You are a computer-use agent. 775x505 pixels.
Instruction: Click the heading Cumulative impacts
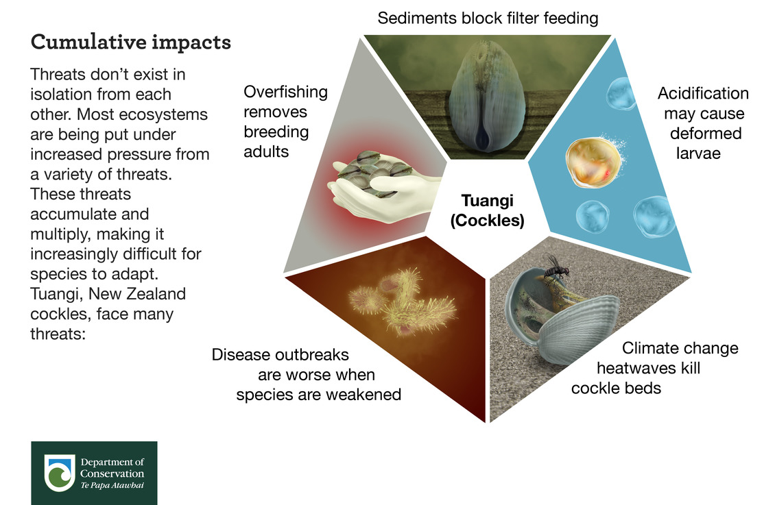(x=131, y=42)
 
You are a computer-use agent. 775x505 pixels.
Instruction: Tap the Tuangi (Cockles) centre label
(x=488, y=210)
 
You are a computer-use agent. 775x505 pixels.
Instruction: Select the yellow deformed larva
(x=593, y=162)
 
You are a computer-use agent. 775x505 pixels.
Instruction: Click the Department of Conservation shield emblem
(x=60, y=472)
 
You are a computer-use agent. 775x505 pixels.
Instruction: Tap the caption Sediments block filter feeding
(x=488, y=19)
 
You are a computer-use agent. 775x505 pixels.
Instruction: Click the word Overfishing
(x=286, y=93)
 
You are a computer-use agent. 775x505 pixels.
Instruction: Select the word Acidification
(x=703, y=93)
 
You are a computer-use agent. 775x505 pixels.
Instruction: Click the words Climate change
(x=680, y=349)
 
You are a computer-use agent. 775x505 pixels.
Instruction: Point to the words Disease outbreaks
(x=281, y=354)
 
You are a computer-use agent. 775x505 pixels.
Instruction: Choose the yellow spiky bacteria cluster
(x=403, y=301)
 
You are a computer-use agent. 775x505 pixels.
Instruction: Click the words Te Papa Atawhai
(x=112, y=485)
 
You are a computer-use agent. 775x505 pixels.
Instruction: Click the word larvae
(x=698, y=153)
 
